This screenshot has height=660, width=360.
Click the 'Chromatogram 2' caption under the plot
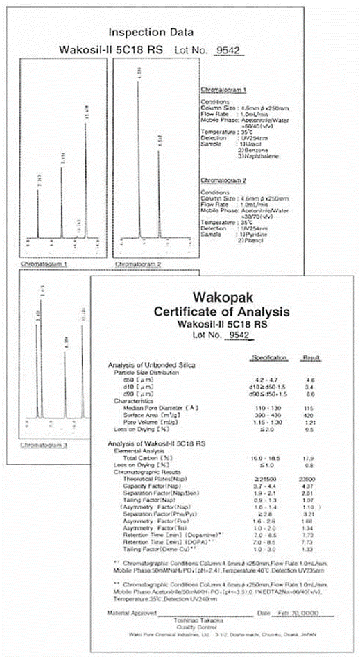coord(139,264)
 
